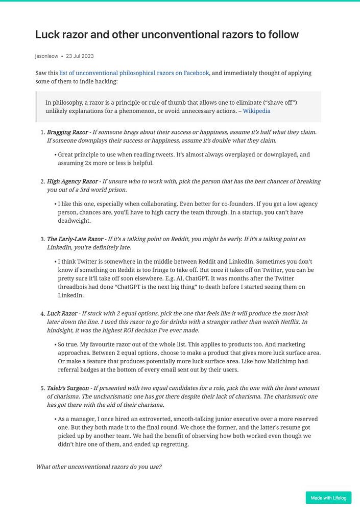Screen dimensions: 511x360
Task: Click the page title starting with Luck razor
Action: (x=166, y=35)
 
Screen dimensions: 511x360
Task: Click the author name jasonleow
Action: (x=46, y=56)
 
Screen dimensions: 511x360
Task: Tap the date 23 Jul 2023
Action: (x=80, y=56)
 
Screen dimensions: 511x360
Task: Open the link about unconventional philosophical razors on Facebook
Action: (x=134, y=73)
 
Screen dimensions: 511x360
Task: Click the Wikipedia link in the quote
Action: (x=256, y=110)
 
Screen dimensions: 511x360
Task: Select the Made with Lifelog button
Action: (x=328, y=498)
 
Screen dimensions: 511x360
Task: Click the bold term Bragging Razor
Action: (x=67, y=132)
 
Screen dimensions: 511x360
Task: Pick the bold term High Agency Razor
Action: (x=72, y=181)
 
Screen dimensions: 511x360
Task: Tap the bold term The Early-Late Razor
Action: (x=75, y=239)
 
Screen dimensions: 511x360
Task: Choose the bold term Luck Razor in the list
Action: (x=62, y=313)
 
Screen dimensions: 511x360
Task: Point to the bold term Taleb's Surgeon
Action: (x=68, y=388)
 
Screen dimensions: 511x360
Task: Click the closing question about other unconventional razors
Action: (x=99, y=467)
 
